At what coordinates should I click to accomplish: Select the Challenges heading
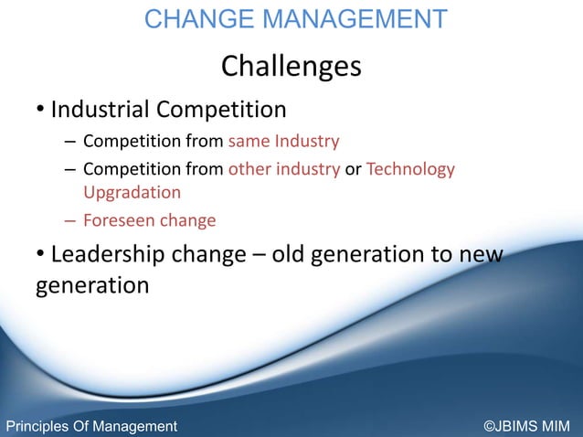(x=291, y=66)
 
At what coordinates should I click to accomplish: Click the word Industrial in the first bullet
(x=100, y=111)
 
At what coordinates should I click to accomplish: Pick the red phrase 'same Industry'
(x=283, y=142)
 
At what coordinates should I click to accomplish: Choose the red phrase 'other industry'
(x=283, y=169)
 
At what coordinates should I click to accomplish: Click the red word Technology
(x=410, y=169)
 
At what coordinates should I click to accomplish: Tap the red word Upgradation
(x=132, y=192)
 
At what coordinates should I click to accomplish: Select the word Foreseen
(x=117, y=220)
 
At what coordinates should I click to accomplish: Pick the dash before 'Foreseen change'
(x=70, y=220)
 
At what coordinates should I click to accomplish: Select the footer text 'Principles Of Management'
(x=91, y=426)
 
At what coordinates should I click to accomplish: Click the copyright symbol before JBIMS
(x=489, y=426)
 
